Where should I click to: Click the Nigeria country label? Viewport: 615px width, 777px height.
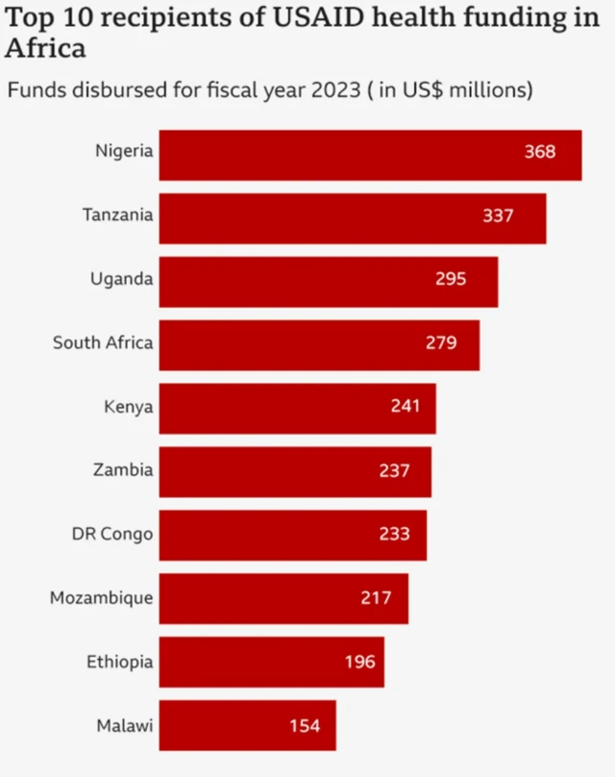(x=124, y=151)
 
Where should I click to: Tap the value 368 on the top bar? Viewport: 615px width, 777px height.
(x=539, y=152)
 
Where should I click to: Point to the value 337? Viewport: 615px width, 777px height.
(x=498, y=216)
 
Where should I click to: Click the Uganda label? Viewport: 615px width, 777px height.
(x=121, y=279)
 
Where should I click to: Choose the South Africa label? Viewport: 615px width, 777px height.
(x=103, y=342)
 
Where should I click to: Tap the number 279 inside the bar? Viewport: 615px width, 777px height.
(x=440, y=342)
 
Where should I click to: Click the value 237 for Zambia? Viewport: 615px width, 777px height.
(x=394, y=471)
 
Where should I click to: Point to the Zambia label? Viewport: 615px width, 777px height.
(x=123, y=470)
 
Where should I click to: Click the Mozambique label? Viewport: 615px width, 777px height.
(x=101, y=598)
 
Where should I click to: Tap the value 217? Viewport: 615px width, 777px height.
(x=376, y=598)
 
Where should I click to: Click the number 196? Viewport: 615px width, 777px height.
(x=359, y=662)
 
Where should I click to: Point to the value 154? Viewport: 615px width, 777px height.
(x=305, y=725)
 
